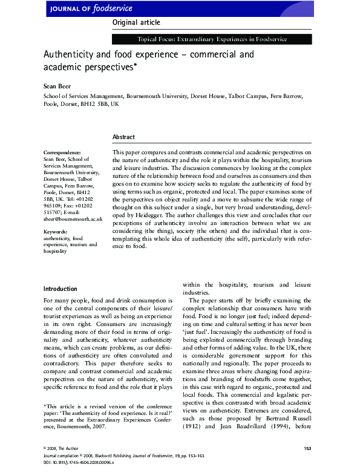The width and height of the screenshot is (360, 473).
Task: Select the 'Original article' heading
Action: tap(136, 22)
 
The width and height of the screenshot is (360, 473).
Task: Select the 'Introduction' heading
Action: tap(61, 289)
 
